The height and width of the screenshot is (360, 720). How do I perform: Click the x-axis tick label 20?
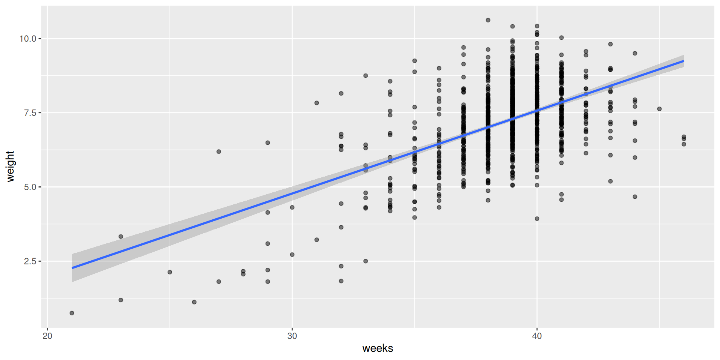(47, 336)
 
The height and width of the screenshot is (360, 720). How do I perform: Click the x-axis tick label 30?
(292, 336)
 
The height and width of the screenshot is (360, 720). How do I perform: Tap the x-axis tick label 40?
(537, 336)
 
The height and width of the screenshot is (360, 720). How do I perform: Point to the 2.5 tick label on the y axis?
(30, 261)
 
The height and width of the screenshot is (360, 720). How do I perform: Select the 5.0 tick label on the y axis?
(30, 187)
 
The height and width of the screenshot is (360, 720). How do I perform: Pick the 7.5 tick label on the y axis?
(30, 113)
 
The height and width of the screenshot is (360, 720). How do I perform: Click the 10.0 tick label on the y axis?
(28, 39)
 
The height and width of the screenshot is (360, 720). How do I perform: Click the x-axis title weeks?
(378, 348)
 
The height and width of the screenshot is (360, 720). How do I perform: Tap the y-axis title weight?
(10, 166)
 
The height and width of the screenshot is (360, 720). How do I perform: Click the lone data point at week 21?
(72, 313)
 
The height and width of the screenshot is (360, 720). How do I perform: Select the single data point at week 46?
(659, 109)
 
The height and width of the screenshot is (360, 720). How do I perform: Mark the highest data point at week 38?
(488, 20)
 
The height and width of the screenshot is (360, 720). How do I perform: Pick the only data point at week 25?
(170, 272)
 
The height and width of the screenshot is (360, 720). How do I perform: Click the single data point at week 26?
(194, 302)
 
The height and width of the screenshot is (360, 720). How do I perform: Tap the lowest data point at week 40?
(537, 219)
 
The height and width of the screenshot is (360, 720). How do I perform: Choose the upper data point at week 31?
(316, 103)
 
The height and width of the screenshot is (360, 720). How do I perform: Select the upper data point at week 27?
(219, 151)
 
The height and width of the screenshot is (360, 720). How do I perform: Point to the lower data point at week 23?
(121, 300)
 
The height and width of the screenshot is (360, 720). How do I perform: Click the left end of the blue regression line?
(72, 268)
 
